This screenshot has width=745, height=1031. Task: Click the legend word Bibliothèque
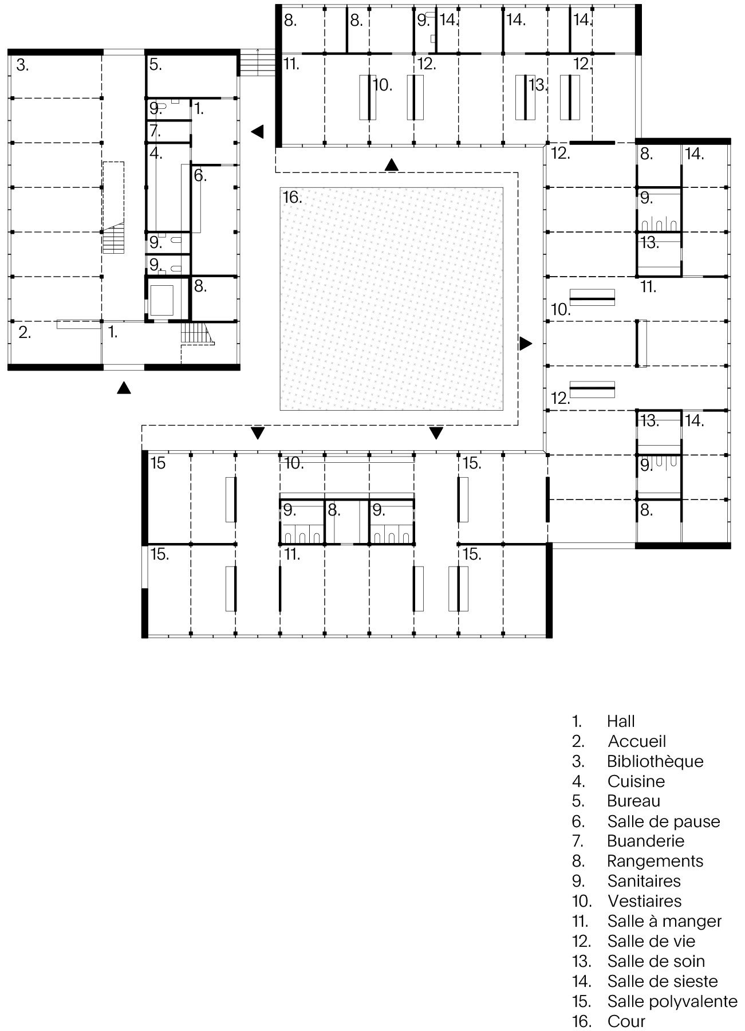coord(655,762)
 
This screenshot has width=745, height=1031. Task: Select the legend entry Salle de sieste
coord(663,981)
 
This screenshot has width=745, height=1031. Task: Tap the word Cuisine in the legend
coord(636,781)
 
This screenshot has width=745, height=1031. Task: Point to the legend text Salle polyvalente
coord(672,1001)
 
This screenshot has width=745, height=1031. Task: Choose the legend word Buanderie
coord(646,841)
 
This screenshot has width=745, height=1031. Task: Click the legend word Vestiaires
coord(645,901)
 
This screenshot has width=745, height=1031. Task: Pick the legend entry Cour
coord(626,1021)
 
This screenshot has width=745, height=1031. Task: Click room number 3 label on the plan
coord(22,65)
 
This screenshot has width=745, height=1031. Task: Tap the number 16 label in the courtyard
coord(292,198)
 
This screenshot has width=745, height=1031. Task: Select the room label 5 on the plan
coord(156,65)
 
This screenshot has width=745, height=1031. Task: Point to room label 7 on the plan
coord(155,131)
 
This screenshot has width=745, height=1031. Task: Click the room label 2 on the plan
coord(25,332)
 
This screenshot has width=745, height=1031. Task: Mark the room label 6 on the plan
coord(200,175)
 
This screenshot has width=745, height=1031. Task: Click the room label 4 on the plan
coord(156,154)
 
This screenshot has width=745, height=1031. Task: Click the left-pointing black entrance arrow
coord(257,131)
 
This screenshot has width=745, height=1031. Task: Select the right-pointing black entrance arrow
coord(526,344)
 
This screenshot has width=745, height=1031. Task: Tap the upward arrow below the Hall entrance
coord(124,388)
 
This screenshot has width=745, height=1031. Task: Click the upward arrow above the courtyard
coord(392,164)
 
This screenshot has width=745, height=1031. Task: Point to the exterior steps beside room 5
coord(257,62)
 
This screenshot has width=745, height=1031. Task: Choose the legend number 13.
coord(581,961)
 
